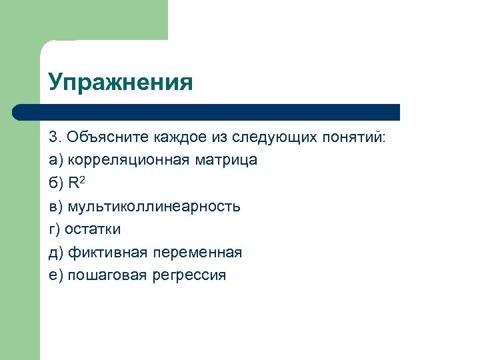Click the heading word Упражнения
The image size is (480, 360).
click(x=121, y=83)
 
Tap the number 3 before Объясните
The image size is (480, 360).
click(x=53, y=137)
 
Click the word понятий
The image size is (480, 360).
click(x=362, y=137)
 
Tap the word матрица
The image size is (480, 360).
click(x=227, y=160)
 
